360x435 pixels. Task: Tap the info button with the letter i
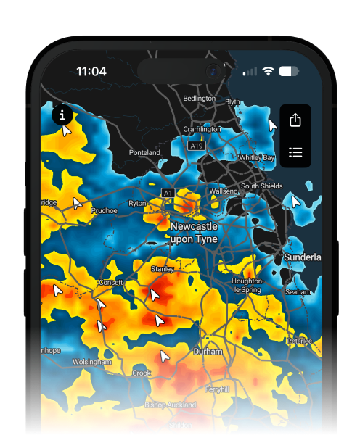click(x=62, y=115)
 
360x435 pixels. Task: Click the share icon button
click(x=295, y=120)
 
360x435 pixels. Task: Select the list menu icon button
click(x=295, y=152)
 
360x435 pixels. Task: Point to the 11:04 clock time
click(x=91, y=72)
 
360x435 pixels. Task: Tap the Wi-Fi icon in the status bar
click(x=268, y=71)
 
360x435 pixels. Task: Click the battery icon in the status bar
click(x=289, y=71)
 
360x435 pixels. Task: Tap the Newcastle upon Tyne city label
click(x=195, y=233)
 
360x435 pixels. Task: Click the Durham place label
click(x=207, y=352)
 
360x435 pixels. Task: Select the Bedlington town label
click(x=199, y=98)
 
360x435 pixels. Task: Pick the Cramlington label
click(x=202, y=129)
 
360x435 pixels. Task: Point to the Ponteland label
click(x=144, y=153)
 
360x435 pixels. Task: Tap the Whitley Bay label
click(x=257, y=157)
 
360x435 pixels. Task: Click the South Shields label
click(x=261, y=186)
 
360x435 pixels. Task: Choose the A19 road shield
click(x=196, y=146)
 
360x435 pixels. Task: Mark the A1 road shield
click(x=168, y=193)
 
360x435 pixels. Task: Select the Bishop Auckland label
click(x=171, y=405)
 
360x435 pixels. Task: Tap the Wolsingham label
click(x=92, y=361)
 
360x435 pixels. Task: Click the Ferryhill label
click(x=217, y=389)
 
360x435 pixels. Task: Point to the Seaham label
click(x=298, y=291)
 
